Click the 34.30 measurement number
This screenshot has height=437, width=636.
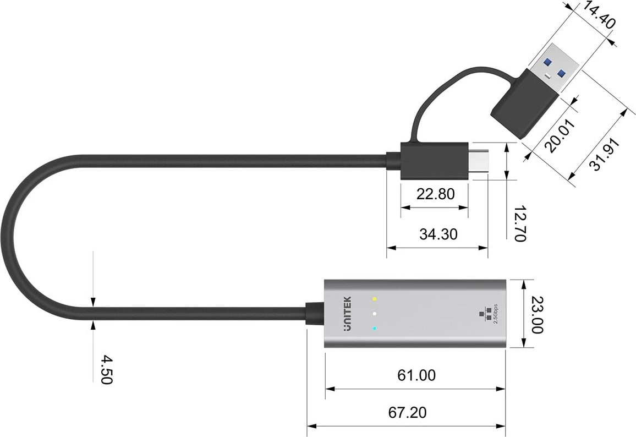click(438, 234)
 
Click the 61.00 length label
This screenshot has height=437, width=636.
click(416, 375)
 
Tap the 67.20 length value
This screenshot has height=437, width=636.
click(407, 412)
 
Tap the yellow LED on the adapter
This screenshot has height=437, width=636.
click(374, 299)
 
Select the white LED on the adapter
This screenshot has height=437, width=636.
click(374, 314)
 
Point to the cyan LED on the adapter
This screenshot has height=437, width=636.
click(374, 329)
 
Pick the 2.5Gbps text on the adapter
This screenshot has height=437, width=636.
click(496, 314)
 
